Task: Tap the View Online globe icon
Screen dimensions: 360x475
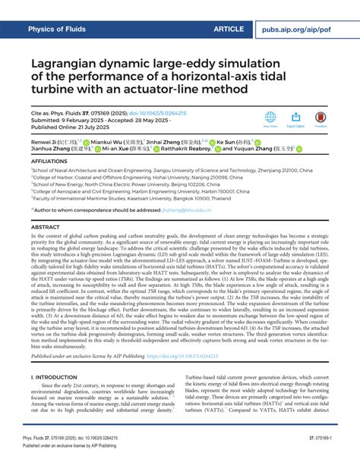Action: pyautogui.click(x=270, y=117)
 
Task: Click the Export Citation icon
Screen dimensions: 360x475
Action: pyautogui.click(x=295, y=117)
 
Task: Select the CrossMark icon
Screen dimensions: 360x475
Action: pyautogui.click(x=320, y=117)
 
